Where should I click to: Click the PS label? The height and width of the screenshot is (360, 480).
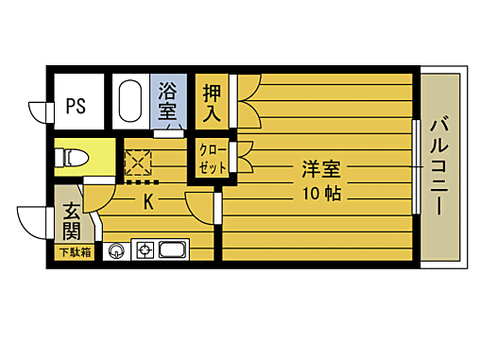click(x=76, y=106)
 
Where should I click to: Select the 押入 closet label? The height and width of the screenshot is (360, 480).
click(x=212, y=103)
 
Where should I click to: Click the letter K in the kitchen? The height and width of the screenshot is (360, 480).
click(x=148, y=201)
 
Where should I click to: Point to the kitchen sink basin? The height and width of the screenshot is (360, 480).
click(x=173, y=251)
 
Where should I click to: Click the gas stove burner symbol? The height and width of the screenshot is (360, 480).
click(x=146, y=251)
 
